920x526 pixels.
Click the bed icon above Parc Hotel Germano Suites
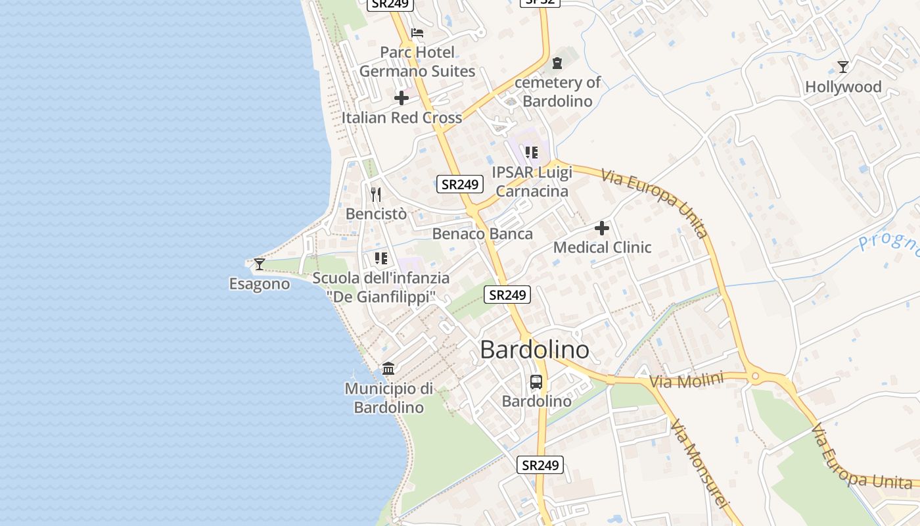(x=417, y=33)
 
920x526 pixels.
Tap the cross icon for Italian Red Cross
(x=402, y=98)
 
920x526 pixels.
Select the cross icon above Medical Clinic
(x=602, y=228)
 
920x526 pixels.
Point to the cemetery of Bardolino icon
(x=557, y=63)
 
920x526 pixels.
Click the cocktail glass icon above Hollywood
(x=843, y=66)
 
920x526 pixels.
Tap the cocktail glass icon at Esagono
(x=260, y=264)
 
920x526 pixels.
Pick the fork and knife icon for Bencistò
(x=376, y=194)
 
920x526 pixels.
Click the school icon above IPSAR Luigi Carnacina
(x=532, y=153)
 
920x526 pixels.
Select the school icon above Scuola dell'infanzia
(x=380, y=258)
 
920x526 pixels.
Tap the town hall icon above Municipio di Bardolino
(x=388, y=368)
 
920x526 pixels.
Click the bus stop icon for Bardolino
(x=536, y=381)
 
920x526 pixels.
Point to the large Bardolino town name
(x=534, y=350)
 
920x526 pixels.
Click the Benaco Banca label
(x=482, y=233)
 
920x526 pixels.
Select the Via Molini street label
(x=686, y=380)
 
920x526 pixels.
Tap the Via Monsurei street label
(x=701, y=463)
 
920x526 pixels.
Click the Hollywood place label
(x=843, y=87)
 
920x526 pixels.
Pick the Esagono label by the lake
(x=260, y=284)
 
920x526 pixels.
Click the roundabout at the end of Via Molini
(x=756, y=377)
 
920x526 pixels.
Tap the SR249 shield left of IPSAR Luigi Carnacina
(x=460, y=184)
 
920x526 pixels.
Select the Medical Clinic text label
(x=602, y=247)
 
